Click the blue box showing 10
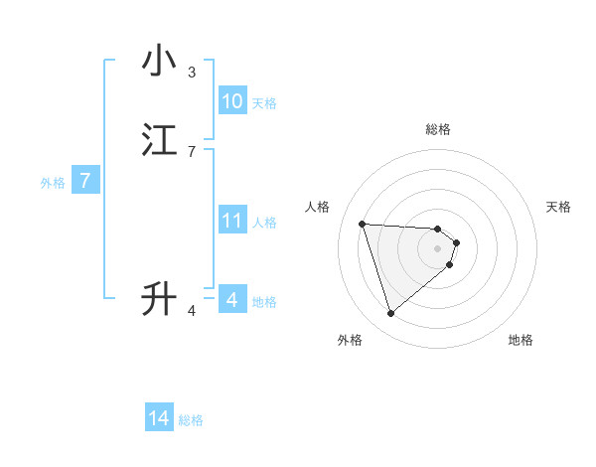[232, 101]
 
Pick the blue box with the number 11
[232, 221]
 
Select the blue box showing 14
[159, 419]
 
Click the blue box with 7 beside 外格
[85, 181]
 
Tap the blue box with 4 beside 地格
[232, 299]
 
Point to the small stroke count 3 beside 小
[192, 72]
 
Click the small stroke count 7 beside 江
[192, 151]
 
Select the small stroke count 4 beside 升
[192, 311]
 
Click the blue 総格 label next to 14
[191, 420]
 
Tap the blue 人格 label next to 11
[265, 222]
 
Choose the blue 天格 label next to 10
[264, 102]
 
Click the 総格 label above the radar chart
[438, 129]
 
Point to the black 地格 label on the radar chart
[521, 340]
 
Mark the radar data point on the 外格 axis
[390, 314]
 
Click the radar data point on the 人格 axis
[362, 224]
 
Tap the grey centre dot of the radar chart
[438, 247]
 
